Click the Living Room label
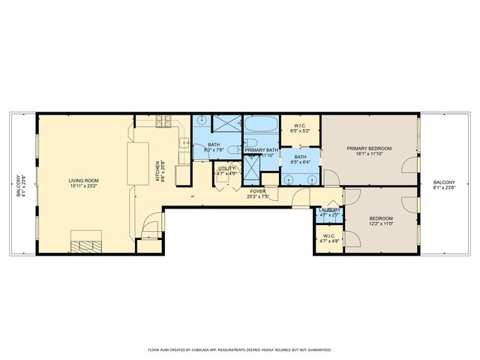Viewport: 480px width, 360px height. point(84,183)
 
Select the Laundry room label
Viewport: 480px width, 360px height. point(329,212)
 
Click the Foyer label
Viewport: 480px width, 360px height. point(258,194)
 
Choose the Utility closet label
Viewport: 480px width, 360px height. point(226,170)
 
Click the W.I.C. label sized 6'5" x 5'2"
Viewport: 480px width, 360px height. point(300,127)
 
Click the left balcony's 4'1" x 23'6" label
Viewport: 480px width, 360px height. point(20,184)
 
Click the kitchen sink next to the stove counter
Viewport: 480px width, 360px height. point(183,143)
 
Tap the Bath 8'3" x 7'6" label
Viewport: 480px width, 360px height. point(214,147)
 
